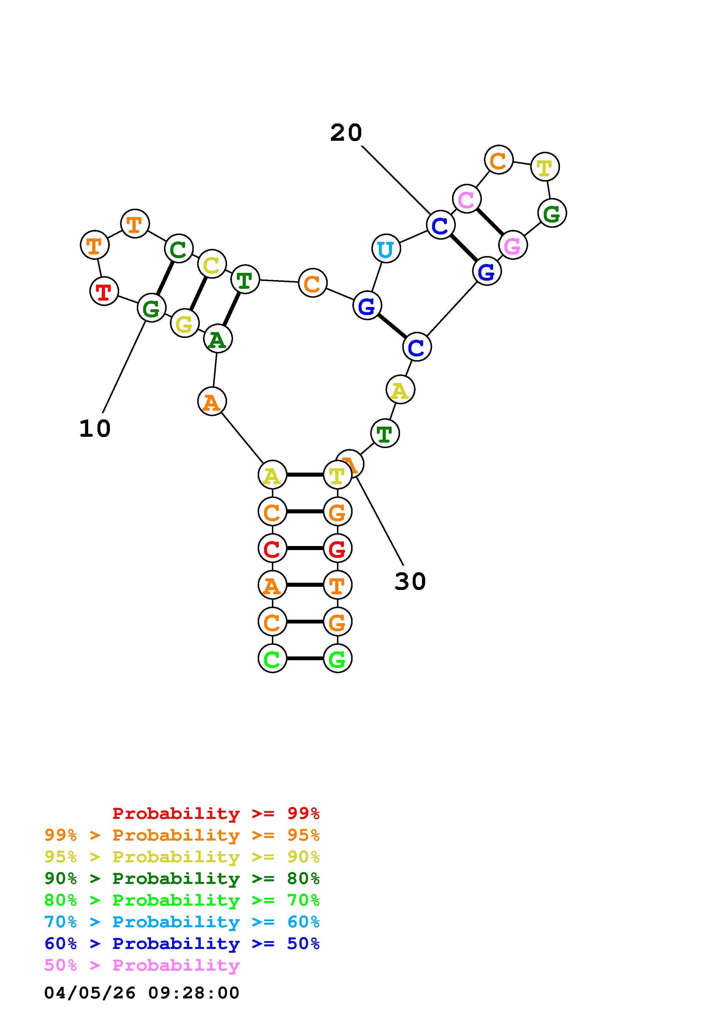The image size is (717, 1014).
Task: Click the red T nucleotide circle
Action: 104,291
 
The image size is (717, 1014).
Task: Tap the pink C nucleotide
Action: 467,199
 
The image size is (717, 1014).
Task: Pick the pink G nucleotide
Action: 513,245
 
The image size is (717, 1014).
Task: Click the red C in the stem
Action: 272,549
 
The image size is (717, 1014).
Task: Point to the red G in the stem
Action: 338,549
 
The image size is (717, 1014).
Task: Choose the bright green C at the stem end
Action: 272,658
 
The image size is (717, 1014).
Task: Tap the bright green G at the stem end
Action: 338,658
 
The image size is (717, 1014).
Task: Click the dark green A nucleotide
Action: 217,339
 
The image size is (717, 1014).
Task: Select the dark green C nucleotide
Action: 178,249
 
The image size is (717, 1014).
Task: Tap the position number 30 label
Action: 410,581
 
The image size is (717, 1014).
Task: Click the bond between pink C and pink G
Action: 489,222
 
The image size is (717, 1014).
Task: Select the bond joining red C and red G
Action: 305,549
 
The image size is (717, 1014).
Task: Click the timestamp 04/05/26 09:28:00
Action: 142,993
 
